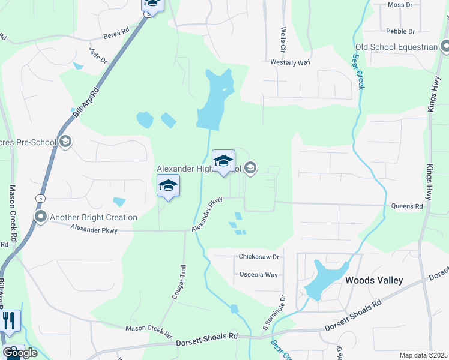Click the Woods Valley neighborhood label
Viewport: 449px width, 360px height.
pyautogui.click(x=373, y=280)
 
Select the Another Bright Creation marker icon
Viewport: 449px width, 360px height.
pyautogui.click(x=41, y=217)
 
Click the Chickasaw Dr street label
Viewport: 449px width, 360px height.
pyautogui.click(x=259, y=257)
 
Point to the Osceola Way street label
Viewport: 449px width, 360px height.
pyautogui.click(x=259, y=275)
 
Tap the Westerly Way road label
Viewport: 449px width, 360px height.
pyautogui.click(x=290, y=62)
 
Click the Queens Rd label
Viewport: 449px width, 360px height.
pyautogui.click(x=407, y=206)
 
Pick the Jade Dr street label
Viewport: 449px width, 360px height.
pyautogui.click(x=98, y=56)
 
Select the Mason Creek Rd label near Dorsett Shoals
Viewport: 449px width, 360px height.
pyautogui.click(x=148, y=329)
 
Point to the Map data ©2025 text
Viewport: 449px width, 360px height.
pyautogui.click(x=423, y=355)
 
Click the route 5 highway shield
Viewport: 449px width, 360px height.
pyautogui.click(x=40, y=198)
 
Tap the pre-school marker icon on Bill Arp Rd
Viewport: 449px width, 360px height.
pyautogui.click(x=66, y=142)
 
